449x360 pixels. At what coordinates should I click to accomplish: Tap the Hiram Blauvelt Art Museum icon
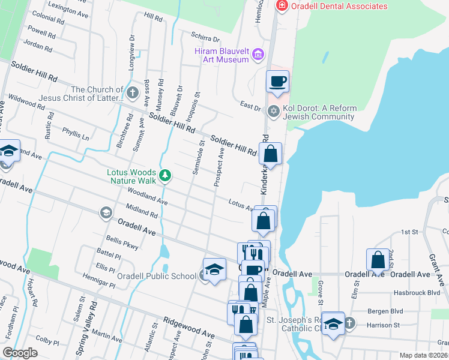tap(259, 55)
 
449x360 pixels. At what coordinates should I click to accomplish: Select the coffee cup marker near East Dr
tap(277, 81)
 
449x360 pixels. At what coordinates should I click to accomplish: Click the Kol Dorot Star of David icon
tap(274, 111)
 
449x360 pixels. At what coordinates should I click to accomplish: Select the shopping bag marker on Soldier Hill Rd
tap(271, 154)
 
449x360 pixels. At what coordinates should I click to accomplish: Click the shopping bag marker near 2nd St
tap(378, 260)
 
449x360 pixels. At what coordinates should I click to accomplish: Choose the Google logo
tap(20, 353)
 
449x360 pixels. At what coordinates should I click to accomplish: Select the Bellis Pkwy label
tap(122, 243)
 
